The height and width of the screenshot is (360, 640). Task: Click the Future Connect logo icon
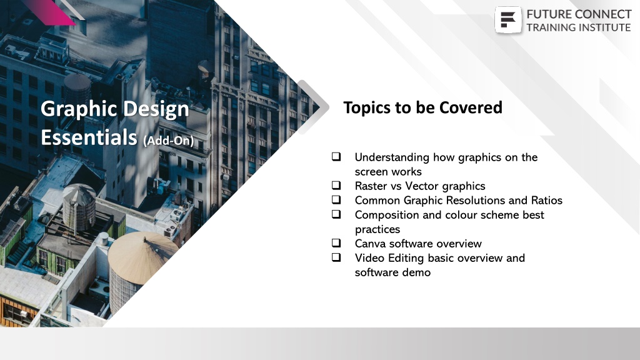[507, 19]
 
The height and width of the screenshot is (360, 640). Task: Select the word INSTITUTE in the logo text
[607, 27]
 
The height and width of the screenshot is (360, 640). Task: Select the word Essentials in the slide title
[89, 137]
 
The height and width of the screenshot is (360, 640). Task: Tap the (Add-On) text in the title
[168, 141]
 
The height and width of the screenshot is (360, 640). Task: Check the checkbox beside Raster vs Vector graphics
[336, 185]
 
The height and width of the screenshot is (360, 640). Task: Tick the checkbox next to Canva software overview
[336, 243]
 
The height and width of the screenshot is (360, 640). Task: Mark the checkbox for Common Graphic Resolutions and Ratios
[336, 199]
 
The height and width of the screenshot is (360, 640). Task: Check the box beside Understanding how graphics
[336, 157]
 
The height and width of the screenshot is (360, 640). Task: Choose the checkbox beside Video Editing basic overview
[336, 257]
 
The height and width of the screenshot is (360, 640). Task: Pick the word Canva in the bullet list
[370, 244]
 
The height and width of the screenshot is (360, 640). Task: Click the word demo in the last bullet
[417, 272]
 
